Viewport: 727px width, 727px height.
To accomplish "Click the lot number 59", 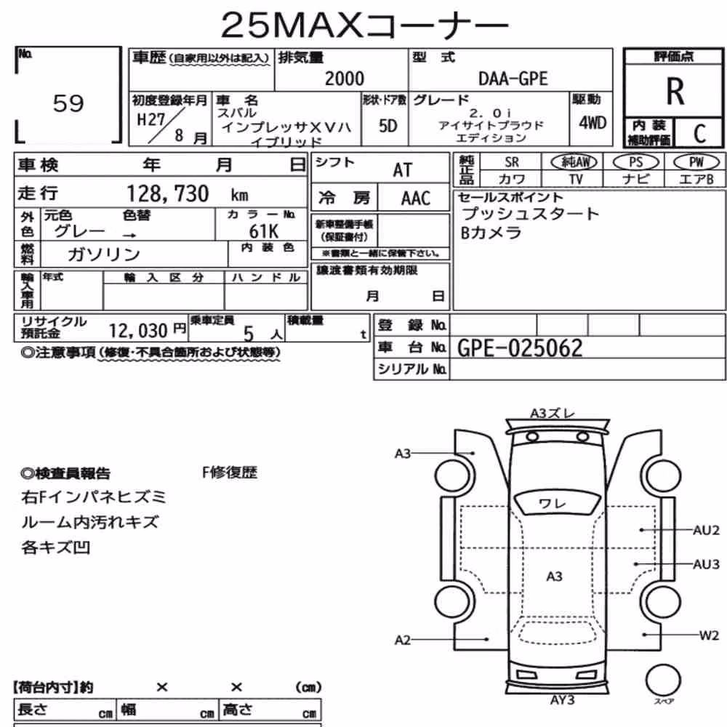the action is (68, 103).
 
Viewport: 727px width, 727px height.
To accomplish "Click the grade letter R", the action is (675, 92).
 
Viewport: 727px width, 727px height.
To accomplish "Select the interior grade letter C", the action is (699, 134).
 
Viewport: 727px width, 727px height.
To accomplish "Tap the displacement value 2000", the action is (345, 79).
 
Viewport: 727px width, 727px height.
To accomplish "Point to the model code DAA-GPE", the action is (513, 79).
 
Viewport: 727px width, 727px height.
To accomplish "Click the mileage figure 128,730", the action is (168, 194).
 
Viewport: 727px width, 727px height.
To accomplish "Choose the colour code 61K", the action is (263, 231).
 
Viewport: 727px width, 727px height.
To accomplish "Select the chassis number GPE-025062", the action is (520, 348).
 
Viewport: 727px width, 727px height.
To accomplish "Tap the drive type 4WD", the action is (593, 123).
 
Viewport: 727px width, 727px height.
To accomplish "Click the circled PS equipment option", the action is (635, 162).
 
